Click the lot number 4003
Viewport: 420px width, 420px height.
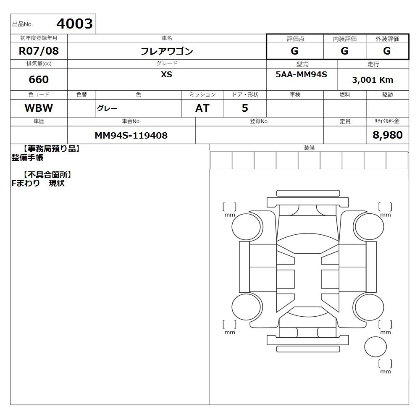[74, 24]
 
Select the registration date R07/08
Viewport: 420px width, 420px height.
[39, 51]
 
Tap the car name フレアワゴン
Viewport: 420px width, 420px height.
[167, 51]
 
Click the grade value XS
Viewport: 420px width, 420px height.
[166, 74]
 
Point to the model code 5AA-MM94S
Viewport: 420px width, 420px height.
[301, 74]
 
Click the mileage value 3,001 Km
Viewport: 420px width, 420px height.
[373, 80]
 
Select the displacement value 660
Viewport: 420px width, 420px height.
[39, 79]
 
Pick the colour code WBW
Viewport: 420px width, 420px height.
[39, 108]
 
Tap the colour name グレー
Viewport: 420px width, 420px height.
[107, 108]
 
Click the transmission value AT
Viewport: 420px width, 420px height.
[202, 108]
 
